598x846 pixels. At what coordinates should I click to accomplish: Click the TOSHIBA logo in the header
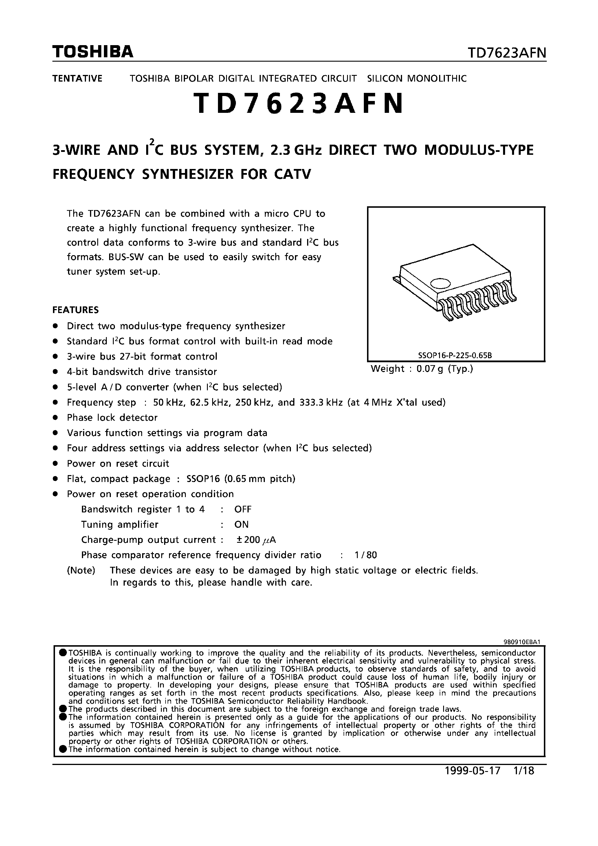pos(93,52)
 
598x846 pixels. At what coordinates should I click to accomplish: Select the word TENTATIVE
pos(77,78)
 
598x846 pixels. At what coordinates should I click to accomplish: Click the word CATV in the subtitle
pos(292,174)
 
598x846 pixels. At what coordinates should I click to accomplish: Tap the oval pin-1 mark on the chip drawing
pos(440,283)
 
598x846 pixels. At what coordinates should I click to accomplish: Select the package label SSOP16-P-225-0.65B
pos(455,356)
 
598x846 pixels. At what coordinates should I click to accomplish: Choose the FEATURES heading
pos(76,310)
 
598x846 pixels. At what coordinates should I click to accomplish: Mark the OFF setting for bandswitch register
pos(243,509)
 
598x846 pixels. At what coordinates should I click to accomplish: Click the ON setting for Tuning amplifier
pos(241,524)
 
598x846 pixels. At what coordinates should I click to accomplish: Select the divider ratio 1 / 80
pos(365,555)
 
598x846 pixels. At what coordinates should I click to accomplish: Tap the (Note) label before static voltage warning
pos(81,570)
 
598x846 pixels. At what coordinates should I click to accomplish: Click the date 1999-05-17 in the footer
pos(473,771)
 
